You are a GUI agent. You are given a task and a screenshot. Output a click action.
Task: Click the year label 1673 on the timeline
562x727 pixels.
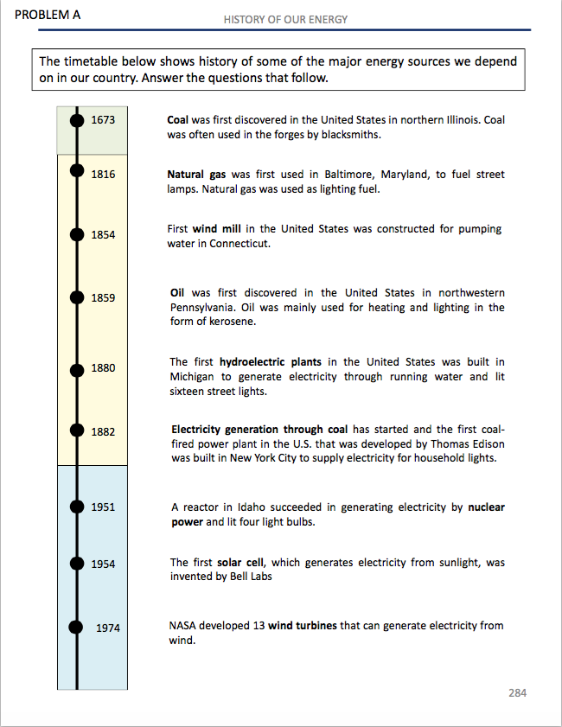coord(103,119)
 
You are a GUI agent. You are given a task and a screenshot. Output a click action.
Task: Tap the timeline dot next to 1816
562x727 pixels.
coord(77,174)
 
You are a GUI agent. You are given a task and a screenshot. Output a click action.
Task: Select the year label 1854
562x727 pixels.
coord(103,235)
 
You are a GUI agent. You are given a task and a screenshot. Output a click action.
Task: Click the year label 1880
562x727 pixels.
coord(103,368)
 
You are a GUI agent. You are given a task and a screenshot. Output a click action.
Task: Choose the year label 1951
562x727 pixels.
coord(103,507)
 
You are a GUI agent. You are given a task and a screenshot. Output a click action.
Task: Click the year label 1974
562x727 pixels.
coord(107,628)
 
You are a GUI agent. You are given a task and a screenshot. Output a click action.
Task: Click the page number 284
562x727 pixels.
coord(517,693)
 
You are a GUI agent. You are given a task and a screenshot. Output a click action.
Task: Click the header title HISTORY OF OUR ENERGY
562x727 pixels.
coord(286,19)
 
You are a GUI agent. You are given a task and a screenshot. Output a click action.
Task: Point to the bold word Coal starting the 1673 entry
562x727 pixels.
coord(178,119)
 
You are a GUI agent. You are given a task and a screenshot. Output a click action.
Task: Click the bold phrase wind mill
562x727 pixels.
coord(216,229)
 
